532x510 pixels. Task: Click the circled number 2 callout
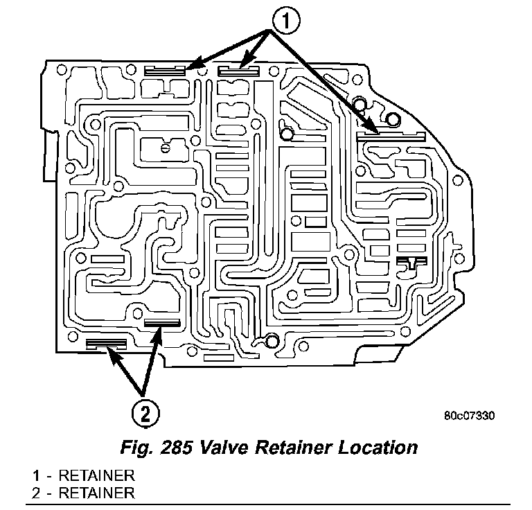point(143,414)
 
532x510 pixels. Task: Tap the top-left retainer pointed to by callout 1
point(165,70)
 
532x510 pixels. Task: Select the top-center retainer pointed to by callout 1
point(238,70)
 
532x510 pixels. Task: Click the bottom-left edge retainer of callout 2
point(106,343)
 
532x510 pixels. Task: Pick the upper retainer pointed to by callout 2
point(161,324)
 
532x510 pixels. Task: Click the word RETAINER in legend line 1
point(96,476)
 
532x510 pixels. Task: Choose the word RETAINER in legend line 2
point(96,493)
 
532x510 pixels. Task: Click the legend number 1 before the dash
point(35,476)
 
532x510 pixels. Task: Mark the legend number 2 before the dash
point(35,493)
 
